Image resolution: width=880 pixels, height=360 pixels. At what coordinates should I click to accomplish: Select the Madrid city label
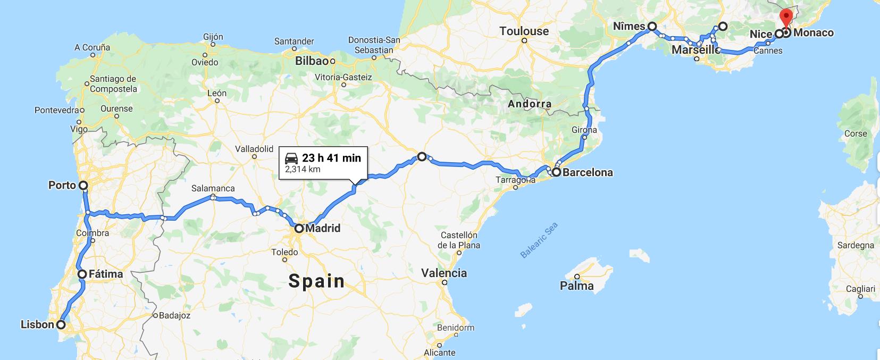pos(323,229)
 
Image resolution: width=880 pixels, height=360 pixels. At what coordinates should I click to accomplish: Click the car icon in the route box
pos(291,158)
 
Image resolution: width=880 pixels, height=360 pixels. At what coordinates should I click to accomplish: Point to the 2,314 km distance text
pos(303,169)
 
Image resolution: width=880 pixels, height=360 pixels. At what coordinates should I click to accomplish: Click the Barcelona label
pos(588,172)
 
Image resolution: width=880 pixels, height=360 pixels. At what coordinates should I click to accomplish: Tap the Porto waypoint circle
pos(83,186)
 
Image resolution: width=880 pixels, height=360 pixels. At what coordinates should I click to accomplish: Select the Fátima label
pos(106,274)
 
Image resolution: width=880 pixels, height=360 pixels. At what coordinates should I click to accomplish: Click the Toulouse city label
pos(524,31)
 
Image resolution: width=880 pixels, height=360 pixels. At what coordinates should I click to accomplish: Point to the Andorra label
pos(530,104)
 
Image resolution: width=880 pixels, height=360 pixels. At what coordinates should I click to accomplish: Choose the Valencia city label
pos(444,273)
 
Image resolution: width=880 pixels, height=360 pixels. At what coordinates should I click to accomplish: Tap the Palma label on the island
pos(577,286)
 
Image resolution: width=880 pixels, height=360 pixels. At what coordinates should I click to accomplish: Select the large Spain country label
pos(317,281)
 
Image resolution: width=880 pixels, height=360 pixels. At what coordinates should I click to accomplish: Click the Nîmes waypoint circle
pos(652,26)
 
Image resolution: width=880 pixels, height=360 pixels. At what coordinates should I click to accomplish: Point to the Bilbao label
pos(312,61)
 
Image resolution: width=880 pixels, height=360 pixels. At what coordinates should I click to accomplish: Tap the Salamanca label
pos(213,188)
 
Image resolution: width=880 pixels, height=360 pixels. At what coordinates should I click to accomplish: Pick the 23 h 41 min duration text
pos(331,157)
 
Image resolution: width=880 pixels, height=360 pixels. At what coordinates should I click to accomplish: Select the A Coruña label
pos(93,47)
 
